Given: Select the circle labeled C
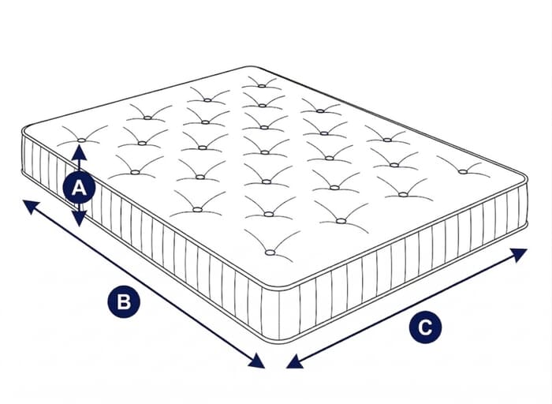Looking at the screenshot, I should point(425,327).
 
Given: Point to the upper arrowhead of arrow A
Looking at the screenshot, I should point(79,151).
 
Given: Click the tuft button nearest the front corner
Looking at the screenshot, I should point(270,252).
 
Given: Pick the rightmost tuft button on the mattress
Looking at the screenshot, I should point(463,172).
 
